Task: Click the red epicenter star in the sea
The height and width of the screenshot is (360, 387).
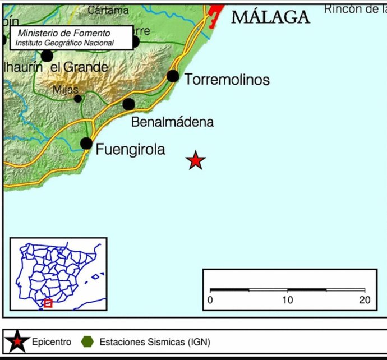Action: tap(195, 160)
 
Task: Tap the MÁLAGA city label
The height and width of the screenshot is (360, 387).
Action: tap(270, 17)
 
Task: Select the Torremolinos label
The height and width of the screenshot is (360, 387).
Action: tap(227, 80)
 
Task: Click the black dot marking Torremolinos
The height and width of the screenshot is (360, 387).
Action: tap(173, 76)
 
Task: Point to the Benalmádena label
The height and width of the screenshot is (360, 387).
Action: tap(172, 122)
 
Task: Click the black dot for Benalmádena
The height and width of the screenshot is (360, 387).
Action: tap(128, 104)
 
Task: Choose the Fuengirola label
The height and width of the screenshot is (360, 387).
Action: tap(131, 150)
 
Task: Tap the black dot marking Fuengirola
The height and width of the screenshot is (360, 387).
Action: tap(86, 143)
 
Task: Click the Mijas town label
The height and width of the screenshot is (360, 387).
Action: tap(66, 89)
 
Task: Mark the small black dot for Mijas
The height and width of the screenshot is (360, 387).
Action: tap(77, 99)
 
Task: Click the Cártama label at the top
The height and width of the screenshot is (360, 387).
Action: tap(108, 10)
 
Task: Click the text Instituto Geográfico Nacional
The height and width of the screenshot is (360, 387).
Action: tap(64, 43)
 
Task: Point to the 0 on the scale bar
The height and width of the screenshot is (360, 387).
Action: tap(210, 300)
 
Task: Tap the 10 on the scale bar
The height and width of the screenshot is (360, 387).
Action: tap(287, 300)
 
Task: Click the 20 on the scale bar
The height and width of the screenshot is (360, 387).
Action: tap(365, 300)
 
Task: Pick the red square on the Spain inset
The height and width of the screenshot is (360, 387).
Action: tap(48, 303)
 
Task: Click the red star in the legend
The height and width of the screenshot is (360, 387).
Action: tap(17, 341)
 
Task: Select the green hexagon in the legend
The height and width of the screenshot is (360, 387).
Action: tap(87, 341)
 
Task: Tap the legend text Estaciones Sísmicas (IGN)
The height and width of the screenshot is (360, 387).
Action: tap(154, 341)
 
